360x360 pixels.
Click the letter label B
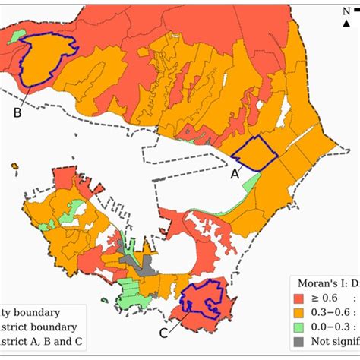(17, 113)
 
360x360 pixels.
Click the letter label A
(235, 173)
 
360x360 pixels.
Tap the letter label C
(163, 331)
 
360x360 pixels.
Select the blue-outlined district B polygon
(46, 61)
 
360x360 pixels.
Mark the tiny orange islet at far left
(14, 165)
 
